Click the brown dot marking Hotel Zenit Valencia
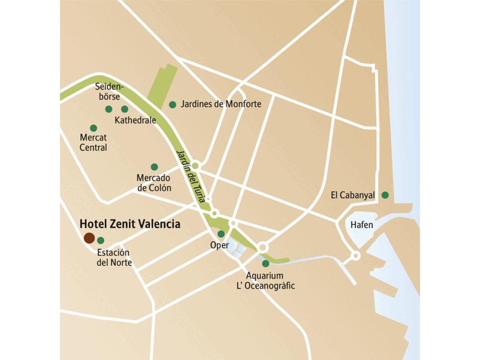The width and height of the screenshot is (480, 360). (89, 238)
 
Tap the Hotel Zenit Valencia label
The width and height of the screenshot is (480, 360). (130, 224)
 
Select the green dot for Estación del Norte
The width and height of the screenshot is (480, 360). (100, 241)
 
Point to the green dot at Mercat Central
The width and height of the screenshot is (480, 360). (93, 128)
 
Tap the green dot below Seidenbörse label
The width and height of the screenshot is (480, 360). (109, 109)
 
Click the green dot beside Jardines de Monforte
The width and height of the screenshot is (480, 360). (172, 104)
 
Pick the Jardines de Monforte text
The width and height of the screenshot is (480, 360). (221, 104)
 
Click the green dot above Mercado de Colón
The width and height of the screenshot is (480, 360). (154, 167)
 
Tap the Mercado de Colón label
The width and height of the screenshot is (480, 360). (154, 183)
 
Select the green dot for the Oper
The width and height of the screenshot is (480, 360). (221, 234)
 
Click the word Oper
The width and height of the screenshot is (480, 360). (220, 245)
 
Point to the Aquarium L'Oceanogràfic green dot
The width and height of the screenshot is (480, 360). (265, 263)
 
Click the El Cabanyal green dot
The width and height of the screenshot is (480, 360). (385, 194)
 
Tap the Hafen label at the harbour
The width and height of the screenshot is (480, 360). (361, 224)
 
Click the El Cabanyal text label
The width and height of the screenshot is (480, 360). (353, 195)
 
